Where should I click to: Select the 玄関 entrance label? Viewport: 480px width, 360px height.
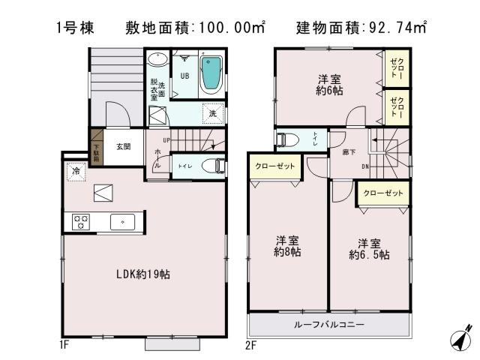(x=124, y=147)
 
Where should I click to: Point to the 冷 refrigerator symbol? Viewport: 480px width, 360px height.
(x=76, y=172)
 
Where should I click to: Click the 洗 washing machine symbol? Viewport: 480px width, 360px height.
(x=213, y=113)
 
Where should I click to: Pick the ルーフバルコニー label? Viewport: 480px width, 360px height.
(x=329, y=325)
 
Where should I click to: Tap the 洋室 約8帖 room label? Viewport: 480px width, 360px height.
(x=288, y=247)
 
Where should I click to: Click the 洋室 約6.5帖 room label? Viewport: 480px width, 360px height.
(x=368, y=249)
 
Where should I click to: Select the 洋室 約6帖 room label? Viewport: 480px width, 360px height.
(x=324, y=84)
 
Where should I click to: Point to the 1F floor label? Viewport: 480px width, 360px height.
(x=64, y=346)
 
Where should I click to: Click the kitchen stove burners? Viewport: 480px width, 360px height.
(x=81, y=221)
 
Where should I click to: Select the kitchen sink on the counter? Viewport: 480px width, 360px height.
(x=122, y=221)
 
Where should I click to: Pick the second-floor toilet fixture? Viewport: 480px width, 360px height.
(x=285, y=139)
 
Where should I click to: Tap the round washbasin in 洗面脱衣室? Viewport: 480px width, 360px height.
(x=158, y=61)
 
